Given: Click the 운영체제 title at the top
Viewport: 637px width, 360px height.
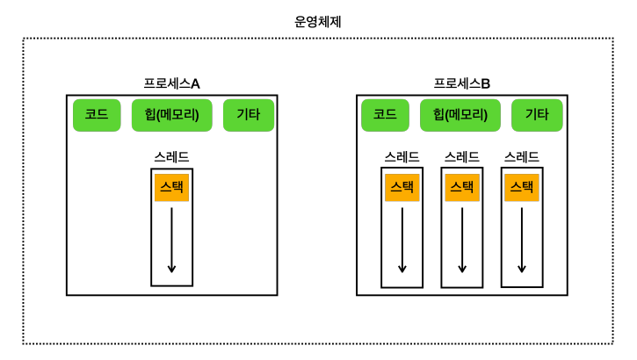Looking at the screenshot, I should pos(317,22).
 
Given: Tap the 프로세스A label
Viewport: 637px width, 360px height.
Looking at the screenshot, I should pos(171,83).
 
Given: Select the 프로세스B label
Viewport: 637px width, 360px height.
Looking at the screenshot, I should pos(461,83).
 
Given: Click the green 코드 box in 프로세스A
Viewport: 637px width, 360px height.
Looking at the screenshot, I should pos(97,115).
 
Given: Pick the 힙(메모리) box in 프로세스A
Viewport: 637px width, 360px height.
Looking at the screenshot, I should pos(171,115).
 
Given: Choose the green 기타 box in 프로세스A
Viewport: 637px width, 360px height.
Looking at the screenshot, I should pos(248,115).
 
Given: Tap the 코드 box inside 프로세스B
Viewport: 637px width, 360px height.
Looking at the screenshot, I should pos(385,115).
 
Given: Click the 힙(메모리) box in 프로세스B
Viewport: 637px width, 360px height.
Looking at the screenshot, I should pos(460,115).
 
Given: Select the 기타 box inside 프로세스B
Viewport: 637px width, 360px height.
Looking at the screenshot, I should pos(537,115).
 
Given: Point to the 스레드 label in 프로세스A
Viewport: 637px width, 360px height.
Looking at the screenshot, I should pos(171,157).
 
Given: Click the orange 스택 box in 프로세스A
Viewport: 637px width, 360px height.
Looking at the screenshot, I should pos(171,187).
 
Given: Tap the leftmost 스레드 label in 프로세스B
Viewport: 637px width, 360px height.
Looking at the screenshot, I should pos(402,157).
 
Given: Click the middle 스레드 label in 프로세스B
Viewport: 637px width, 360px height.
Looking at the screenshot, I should pos(461,157).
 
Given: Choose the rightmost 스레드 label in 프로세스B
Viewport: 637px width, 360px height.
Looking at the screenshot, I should pos(521,157).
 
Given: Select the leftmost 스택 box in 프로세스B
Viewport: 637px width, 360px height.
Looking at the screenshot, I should pos(402,187).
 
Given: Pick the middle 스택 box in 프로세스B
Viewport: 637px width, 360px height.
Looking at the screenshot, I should pos(461,187).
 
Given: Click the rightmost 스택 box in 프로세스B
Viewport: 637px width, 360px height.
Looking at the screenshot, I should pos(521,187).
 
